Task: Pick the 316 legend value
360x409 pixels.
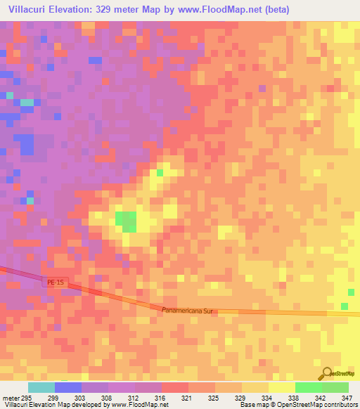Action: point(161,398)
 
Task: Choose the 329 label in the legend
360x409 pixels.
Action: point(240,398)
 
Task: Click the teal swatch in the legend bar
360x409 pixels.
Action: point(41,387)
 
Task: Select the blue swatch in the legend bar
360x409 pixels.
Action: point(68,387)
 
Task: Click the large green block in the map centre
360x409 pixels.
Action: point(126,221)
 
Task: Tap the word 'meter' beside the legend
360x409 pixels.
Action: point(10,398)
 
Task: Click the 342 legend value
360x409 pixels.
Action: point(321,398)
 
